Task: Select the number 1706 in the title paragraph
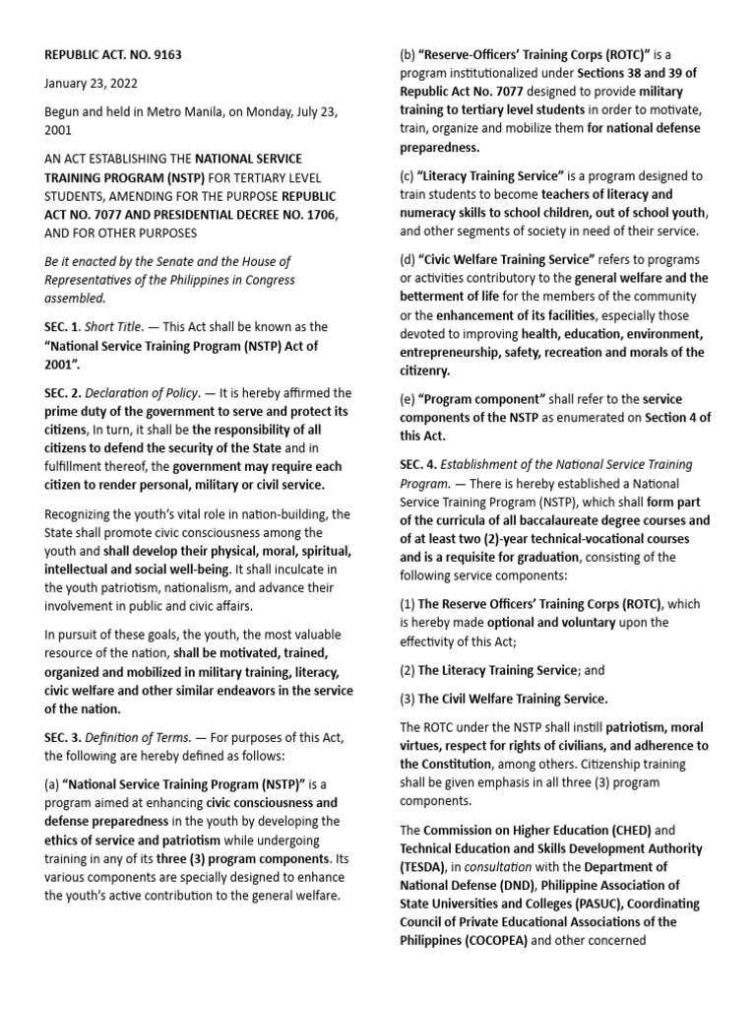click(285, 214)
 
